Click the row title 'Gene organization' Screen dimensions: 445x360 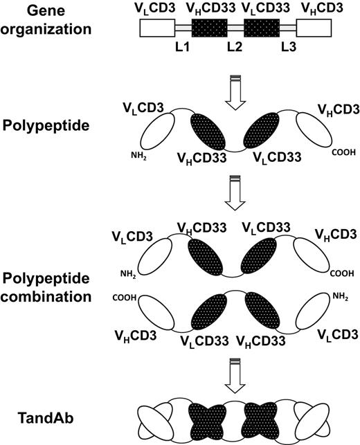pyautogui.click(x=42, y=20)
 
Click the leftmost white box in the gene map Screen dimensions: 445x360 pyautogui.click(x=156, y=28)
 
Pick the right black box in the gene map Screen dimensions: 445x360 pyautogui.click(x=262, y=28)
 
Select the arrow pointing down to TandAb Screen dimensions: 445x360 pyautogui.click(x=235, y=374)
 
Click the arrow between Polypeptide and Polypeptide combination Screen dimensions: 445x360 pyautogui.click(x=235, y=197)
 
